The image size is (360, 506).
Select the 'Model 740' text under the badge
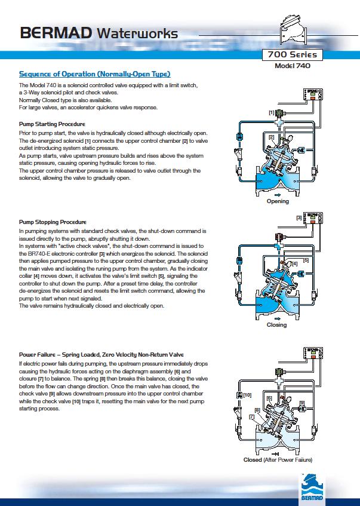(293, 66)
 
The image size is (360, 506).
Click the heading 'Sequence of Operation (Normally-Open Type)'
(95, 74)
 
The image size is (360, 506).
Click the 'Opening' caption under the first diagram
(277, 201)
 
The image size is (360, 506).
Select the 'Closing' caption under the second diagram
(276, 325)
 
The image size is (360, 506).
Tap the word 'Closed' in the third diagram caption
(253, 459)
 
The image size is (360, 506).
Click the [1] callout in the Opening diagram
(272, 113)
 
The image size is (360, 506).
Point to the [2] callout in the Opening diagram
(272, 137)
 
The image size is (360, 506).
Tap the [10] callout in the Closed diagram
(247, 395)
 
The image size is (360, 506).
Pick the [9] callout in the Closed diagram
(302, 403)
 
